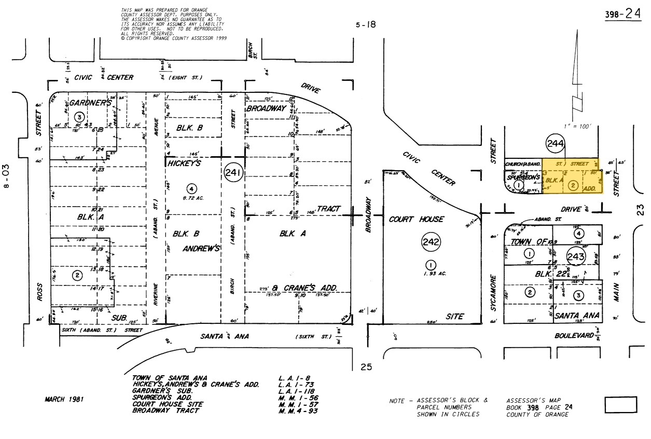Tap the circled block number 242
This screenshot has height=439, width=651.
pos(431,241)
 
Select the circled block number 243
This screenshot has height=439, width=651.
pos(576,256)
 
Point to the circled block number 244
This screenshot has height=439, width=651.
pos(555,144)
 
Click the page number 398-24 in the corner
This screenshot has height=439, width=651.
pos(622,15)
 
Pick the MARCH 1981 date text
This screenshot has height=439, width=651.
pos(64,400)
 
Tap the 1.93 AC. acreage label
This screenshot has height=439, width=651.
pos(431,273)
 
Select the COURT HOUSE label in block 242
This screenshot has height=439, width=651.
pos(417,219)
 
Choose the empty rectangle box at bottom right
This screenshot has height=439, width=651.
pos(620,405)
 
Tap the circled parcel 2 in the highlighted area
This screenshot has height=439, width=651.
pos(573,185)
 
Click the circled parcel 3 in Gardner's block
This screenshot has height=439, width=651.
pos(79,116)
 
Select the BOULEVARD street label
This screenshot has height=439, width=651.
pos(574,336)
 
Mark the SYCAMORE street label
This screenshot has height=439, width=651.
pos(494,293)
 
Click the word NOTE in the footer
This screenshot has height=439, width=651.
pos(399,401)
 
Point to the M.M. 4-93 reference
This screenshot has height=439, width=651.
pos(298,411)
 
